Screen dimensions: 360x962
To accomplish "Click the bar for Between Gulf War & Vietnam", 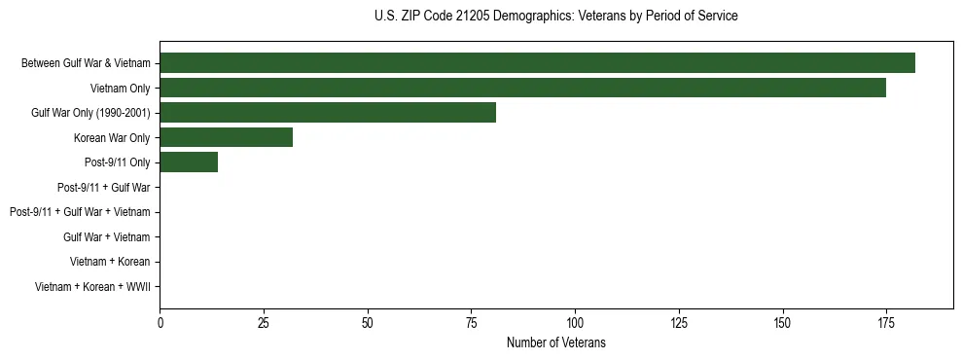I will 537,63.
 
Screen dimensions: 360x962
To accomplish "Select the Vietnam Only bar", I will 522,88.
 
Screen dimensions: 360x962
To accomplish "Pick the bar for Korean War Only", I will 226,137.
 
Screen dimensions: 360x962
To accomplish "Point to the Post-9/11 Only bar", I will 189,162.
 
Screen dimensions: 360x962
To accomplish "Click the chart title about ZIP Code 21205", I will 555,17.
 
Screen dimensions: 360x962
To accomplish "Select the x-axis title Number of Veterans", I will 555,342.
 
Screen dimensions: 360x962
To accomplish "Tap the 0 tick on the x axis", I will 160,322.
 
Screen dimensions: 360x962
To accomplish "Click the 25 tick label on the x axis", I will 264,322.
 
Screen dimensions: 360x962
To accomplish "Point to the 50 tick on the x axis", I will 368,322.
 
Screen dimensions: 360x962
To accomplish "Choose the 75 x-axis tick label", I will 471,322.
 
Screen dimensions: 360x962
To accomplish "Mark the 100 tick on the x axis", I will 575,322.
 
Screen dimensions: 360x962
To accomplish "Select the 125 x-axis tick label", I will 679,322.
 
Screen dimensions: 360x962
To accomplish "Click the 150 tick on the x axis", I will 782,322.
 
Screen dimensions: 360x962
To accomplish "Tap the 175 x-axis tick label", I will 886,322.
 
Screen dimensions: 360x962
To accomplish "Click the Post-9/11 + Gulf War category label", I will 104,187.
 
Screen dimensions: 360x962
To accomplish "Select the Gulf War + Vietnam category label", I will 107,236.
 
